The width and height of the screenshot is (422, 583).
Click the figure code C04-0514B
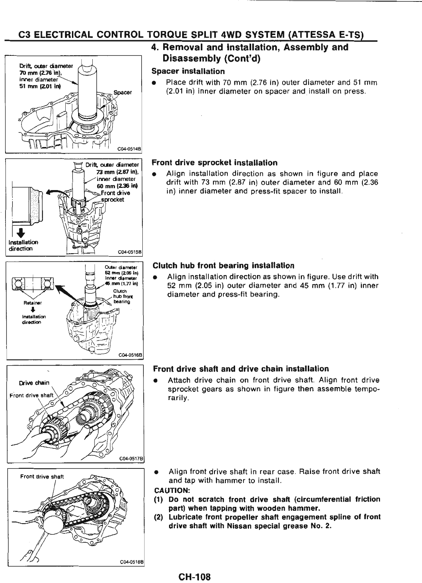[x=129, y=148]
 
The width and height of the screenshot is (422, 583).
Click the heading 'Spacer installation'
[x=188, y=71]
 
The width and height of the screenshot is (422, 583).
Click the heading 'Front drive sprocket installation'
[x=215, y=163]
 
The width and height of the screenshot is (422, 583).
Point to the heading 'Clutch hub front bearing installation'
[x=223, y=265]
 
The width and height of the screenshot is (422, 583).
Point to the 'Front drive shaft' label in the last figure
[x=42, y=476]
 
